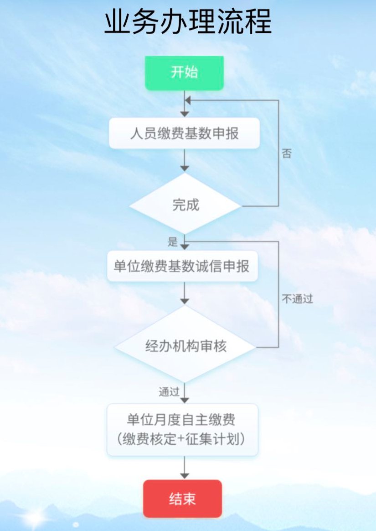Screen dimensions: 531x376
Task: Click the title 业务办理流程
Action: coord(188,22)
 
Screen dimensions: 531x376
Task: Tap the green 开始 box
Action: coord(184,73)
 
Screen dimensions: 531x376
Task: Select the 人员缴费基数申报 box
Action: coord(184,134)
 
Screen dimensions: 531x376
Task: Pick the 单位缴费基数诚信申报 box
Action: coord(182,266)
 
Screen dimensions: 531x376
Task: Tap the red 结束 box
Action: coord(182,499)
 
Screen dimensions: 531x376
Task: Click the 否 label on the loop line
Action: coord(287,154)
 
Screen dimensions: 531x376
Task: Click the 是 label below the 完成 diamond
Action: coord(173,242)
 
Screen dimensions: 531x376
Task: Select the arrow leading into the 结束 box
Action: coord(185,468)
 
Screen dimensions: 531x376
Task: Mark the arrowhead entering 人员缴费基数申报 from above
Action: coord(185,114)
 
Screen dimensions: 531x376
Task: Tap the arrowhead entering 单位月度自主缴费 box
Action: coord(185,400)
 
